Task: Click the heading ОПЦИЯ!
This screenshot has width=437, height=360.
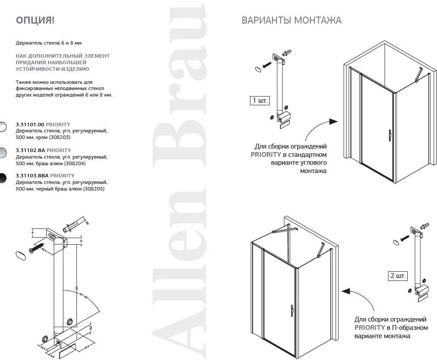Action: [x=35, y=20]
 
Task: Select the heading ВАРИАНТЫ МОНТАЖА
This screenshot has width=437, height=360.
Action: [x=291, y=21]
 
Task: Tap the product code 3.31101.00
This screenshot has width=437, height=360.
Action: [x=30, y=125]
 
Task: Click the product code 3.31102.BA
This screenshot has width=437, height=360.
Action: [x=30, y=150]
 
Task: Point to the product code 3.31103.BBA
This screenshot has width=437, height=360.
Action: [x=32, y=176]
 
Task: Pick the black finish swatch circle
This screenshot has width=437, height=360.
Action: [x=2, y=178]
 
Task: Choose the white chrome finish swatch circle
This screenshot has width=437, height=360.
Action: [x=2, y=127]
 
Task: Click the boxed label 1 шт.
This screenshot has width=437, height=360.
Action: [x=260, y=100]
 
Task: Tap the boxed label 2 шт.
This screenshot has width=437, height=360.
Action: [x=397, y=276]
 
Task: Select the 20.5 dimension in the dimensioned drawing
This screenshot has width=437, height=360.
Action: [x=43, y=348]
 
